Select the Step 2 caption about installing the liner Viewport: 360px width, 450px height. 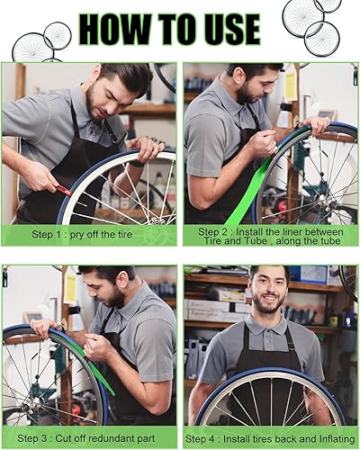pos(270,236)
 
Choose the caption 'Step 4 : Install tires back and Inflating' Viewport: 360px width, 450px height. pos(269,438)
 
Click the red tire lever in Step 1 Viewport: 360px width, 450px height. pos(64,190)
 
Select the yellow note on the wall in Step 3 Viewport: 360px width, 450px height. pos(69,289)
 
